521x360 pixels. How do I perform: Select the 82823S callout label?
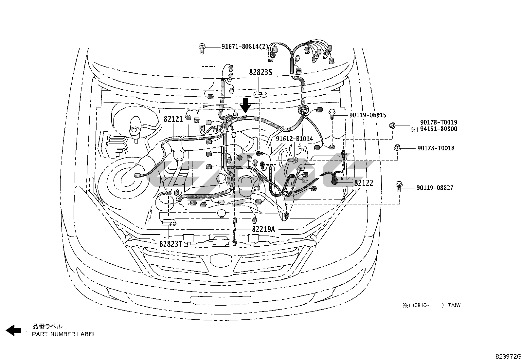(260, 72)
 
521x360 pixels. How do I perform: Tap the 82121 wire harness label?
(173, 119)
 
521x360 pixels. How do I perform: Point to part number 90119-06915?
(368, 115)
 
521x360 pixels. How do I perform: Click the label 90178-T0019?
(439, 123)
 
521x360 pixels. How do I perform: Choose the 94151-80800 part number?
(439, 129)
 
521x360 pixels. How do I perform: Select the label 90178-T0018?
(436, 148)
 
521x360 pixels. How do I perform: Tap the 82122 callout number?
(364, 183)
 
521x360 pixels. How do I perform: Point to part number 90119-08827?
(435, 188)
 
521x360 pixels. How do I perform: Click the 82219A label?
(263, 229)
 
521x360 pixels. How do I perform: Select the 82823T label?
(171, 244)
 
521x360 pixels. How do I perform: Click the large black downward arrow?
(245, 106)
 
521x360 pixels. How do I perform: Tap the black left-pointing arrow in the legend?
(13, 330)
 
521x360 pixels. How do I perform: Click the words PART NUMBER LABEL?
(64, 334)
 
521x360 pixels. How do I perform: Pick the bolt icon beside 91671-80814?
(202, 48)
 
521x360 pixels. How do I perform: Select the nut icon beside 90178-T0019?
(392, 125)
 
